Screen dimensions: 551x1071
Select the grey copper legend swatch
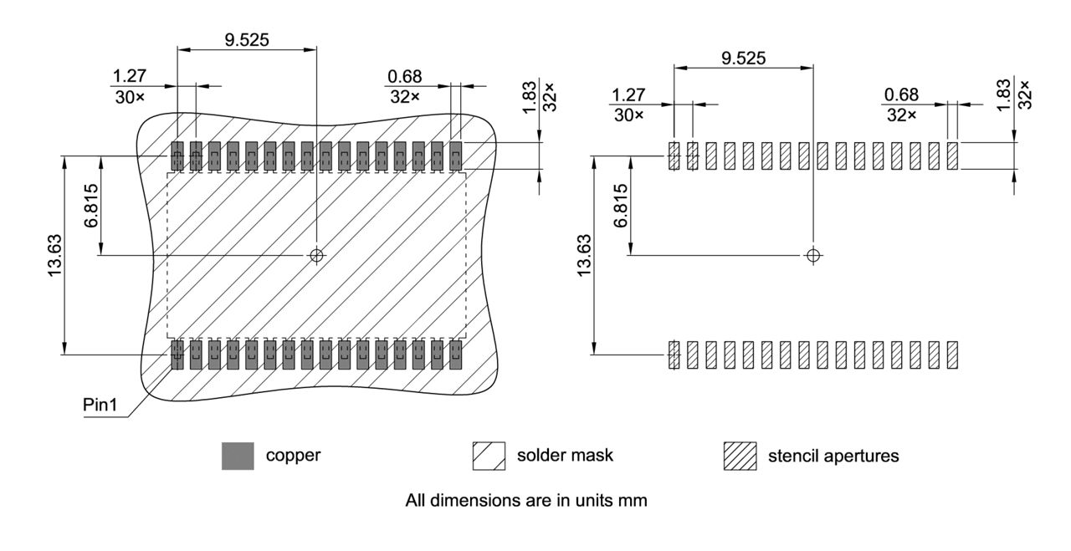click(x=238, y=457)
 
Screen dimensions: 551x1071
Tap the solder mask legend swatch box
click(x=489, y=457)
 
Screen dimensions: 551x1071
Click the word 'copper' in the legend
click(x=293, y=457)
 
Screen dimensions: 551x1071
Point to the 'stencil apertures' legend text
click(x=833, y=457)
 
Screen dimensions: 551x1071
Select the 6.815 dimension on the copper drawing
click(x=90, y=205)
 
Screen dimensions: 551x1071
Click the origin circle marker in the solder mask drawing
click(x=315, y=255)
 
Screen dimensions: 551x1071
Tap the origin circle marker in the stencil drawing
click(x=812, y=255)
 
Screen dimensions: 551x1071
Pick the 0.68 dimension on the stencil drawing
click(x=901, y=95)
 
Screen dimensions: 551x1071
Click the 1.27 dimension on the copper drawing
click(x=129, y=77)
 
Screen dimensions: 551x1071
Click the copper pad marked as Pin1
click(x=177, y=354)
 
